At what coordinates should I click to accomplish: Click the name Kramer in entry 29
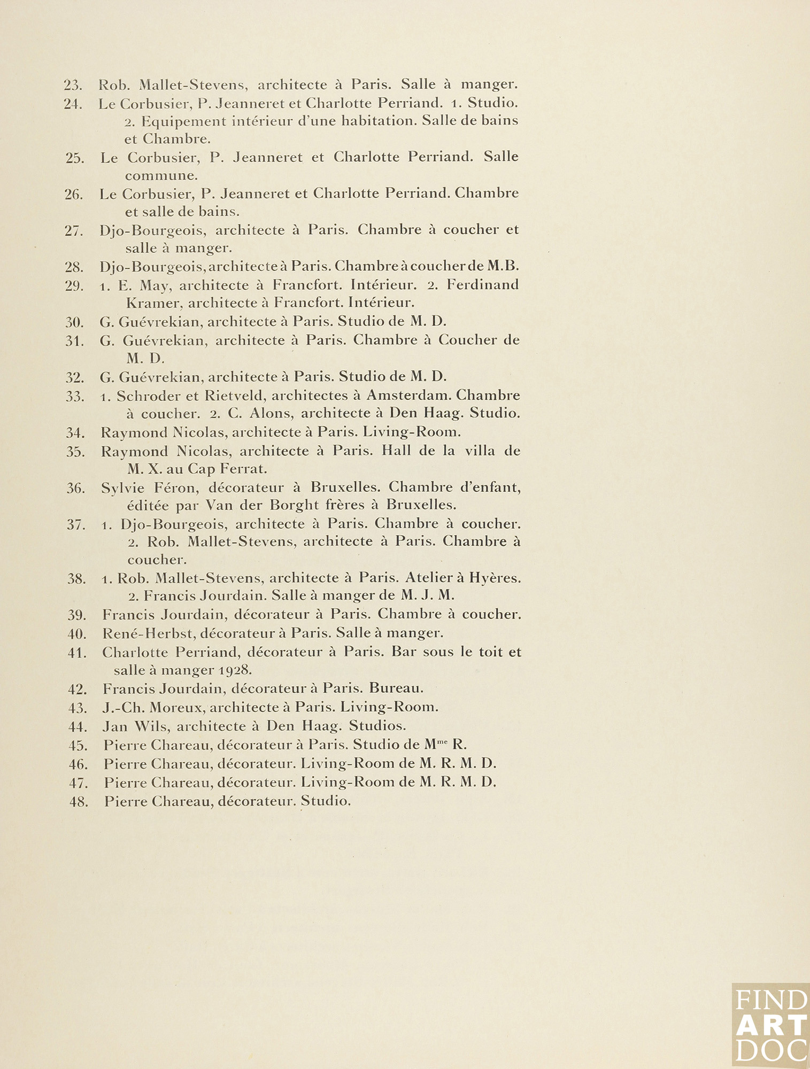(152, 303)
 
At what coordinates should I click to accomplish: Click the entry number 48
(79, 802)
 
